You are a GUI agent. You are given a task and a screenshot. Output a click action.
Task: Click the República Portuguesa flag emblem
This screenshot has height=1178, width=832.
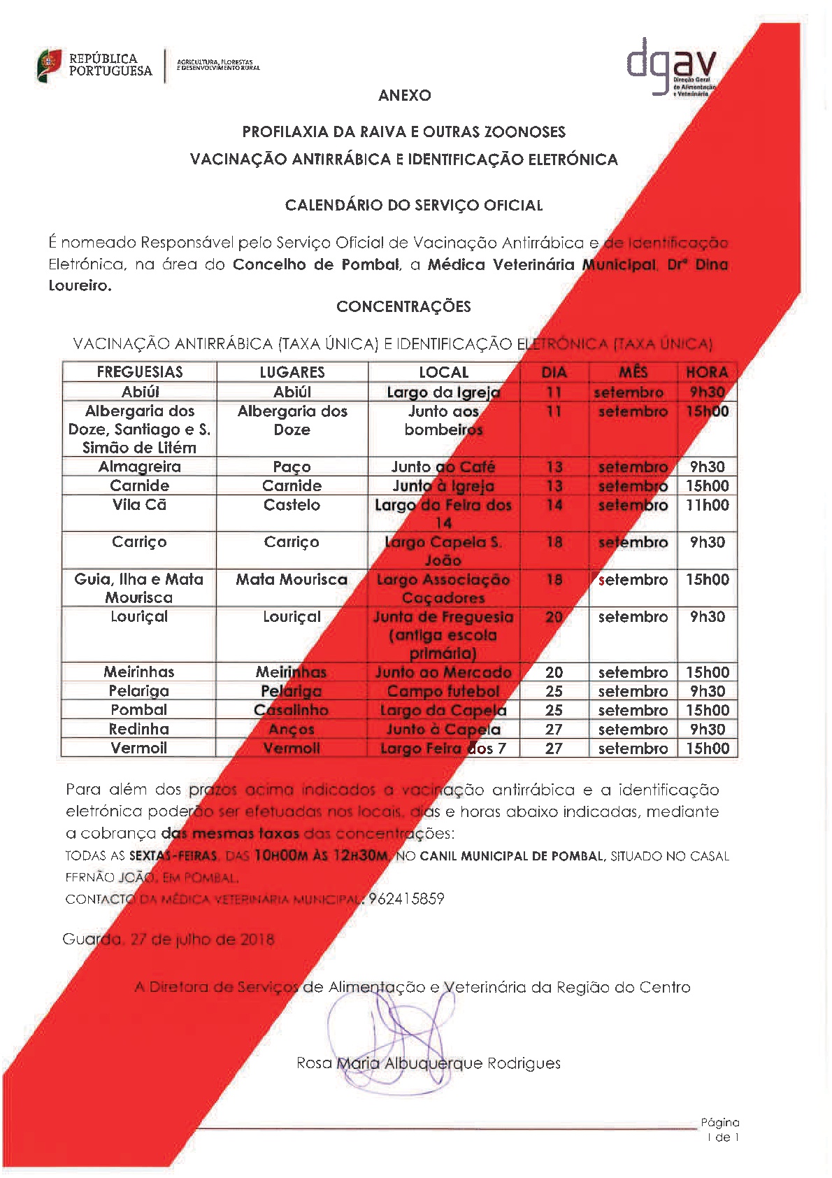49,66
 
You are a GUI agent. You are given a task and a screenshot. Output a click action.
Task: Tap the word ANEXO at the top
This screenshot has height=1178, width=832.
404,96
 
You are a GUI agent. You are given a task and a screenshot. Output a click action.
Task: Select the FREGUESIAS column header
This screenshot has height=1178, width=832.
140,372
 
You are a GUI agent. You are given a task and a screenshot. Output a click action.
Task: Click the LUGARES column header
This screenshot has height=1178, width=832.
292,372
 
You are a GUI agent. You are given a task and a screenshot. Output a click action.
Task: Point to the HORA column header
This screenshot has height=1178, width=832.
707,372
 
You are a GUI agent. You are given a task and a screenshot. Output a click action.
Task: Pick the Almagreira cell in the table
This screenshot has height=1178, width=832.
140,467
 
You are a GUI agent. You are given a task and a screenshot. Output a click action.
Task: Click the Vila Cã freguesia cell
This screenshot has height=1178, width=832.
140,505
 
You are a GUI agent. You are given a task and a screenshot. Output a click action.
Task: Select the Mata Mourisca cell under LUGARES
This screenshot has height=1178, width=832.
292,579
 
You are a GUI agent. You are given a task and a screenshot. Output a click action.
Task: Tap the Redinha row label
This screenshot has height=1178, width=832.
139,729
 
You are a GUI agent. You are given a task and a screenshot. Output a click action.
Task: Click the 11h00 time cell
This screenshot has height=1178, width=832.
707,505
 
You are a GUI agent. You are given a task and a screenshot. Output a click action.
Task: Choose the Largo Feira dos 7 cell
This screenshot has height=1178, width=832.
443,748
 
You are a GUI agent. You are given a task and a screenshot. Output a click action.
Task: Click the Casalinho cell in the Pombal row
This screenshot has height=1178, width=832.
292,710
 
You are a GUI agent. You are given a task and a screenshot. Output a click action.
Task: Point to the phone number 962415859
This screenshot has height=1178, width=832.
406,899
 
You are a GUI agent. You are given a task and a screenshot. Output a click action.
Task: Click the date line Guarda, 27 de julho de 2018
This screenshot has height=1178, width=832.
168,939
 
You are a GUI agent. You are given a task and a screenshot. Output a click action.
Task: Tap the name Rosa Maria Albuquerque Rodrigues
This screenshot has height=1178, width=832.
429,1063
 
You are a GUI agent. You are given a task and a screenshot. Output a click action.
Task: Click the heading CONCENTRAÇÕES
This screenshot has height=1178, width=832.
403,306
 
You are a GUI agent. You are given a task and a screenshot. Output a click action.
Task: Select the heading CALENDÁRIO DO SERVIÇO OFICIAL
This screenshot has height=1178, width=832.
414,206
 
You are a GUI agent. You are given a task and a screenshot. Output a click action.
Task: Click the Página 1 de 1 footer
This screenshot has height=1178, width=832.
720,1130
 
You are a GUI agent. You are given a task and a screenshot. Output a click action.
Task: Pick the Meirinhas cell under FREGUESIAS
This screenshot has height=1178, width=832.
139,672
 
